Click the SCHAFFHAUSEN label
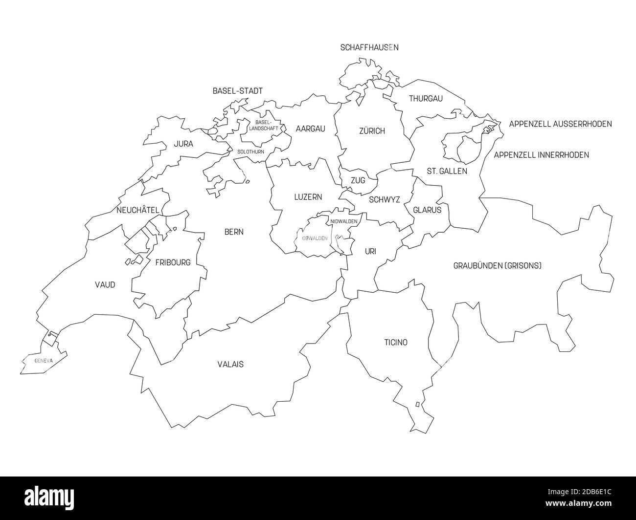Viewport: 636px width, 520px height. point(369,47)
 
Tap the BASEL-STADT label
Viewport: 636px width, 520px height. point(237,91)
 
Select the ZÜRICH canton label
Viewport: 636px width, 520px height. point(372,131)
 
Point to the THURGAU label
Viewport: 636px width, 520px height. point(426,99)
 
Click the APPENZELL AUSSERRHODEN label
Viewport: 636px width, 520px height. point(560,124)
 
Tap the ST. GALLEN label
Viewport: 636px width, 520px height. point(447,171)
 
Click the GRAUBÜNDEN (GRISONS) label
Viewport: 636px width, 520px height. point(497,266)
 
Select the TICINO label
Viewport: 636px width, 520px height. point(395,342)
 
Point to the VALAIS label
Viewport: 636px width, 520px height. point(230,364)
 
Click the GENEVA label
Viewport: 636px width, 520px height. point(44,361)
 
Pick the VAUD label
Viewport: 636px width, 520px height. point(105,284)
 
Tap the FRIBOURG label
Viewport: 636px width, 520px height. point(173,262)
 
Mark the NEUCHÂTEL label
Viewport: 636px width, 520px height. point(138,210)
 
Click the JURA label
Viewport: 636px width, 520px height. point(183,144)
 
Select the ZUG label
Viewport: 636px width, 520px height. point(358,180)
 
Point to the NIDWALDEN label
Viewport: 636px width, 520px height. point(344,221)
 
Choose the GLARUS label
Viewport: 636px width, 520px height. point(427,210)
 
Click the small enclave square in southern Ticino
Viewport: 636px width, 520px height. point(417,404)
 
